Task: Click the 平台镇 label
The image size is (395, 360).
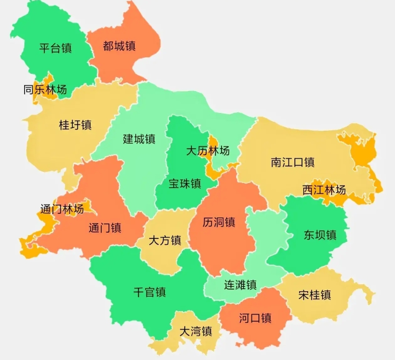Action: coord(56,48)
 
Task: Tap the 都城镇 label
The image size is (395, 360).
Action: coord(119,46)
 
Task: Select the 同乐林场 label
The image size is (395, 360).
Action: coord(45,90)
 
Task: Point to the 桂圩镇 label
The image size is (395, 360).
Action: coord(75,125)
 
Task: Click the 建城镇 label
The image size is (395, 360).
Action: coord(139,139)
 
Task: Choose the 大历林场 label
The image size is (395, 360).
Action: coord(208,151)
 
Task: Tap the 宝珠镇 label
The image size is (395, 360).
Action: coord(185,183)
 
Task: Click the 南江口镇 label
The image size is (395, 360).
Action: coord(293,162)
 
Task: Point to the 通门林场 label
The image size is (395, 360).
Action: coord(62,209)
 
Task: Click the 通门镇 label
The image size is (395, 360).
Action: coord(105,228)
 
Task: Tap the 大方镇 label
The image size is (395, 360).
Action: coord(165,241)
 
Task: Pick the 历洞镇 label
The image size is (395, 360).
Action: coord(219,222)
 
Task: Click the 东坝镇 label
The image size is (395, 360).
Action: coord(320,235)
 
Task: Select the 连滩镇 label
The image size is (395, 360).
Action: coord(240,285)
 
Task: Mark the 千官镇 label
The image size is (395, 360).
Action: coord(150,292)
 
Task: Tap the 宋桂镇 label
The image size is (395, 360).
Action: coord(315,295)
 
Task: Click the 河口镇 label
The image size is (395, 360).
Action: coord(255,318)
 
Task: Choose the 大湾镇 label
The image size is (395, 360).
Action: coord(196,331)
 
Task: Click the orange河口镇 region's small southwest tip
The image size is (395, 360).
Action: coord(238,344)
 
